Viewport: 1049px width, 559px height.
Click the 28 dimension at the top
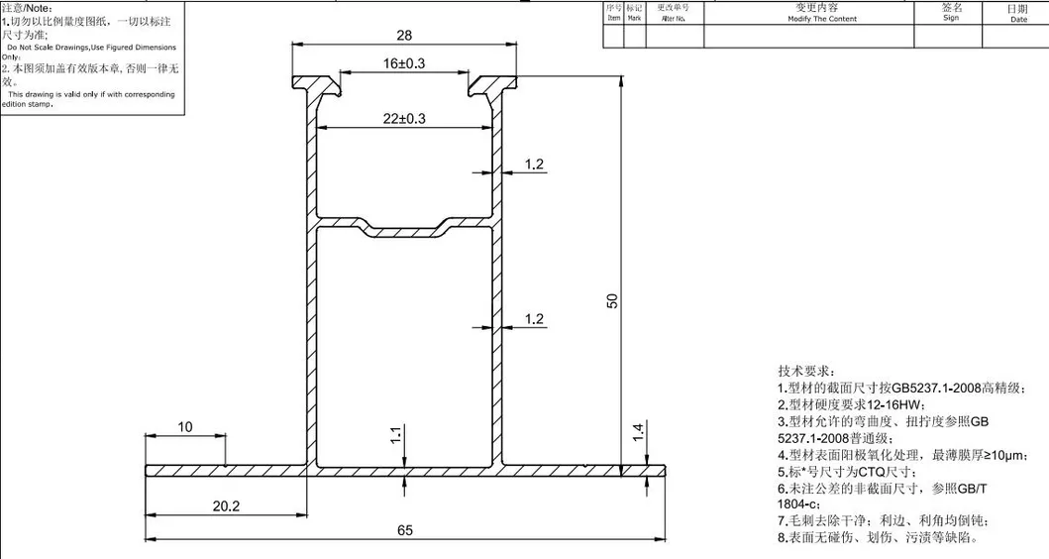[x=403, y=35]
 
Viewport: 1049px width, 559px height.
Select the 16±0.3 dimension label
[x=403, y=63]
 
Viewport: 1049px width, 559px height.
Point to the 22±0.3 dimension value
[x=403, y=118]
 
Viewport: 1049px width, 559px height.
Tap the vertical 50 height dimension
[x=612, y=300]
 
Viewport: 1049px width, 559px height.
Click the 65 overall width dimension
[x=404, y=530]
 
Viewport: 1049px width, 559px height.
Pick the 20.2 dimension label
[x=227, y=504]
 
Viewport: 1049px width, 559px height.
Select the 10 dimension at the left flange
[x=185, y=427]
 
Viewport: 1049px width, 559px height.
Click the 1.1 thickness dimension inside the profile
[x=396, y=434]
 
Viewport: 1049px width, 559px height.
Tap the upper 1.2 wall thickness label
[x=534, y=165]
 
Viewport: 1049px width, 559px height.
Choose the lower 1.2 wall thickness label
[x=534, y=318]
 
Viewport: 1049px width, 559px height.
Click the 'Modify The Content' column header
[x=821, y=19]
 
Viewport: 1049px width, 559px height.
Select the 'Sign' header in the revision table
[x=951, y=17]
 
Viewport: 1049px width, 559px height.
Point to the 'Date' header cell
[x=1017, y=19]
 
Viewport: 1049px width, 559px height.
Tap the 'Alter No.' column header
[x=674, y=19]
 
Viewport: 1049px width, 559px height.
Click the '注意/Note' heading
[x=27, y=8]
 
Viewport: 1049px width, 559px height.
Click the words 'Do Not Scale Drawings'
[x=48, y=48]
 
